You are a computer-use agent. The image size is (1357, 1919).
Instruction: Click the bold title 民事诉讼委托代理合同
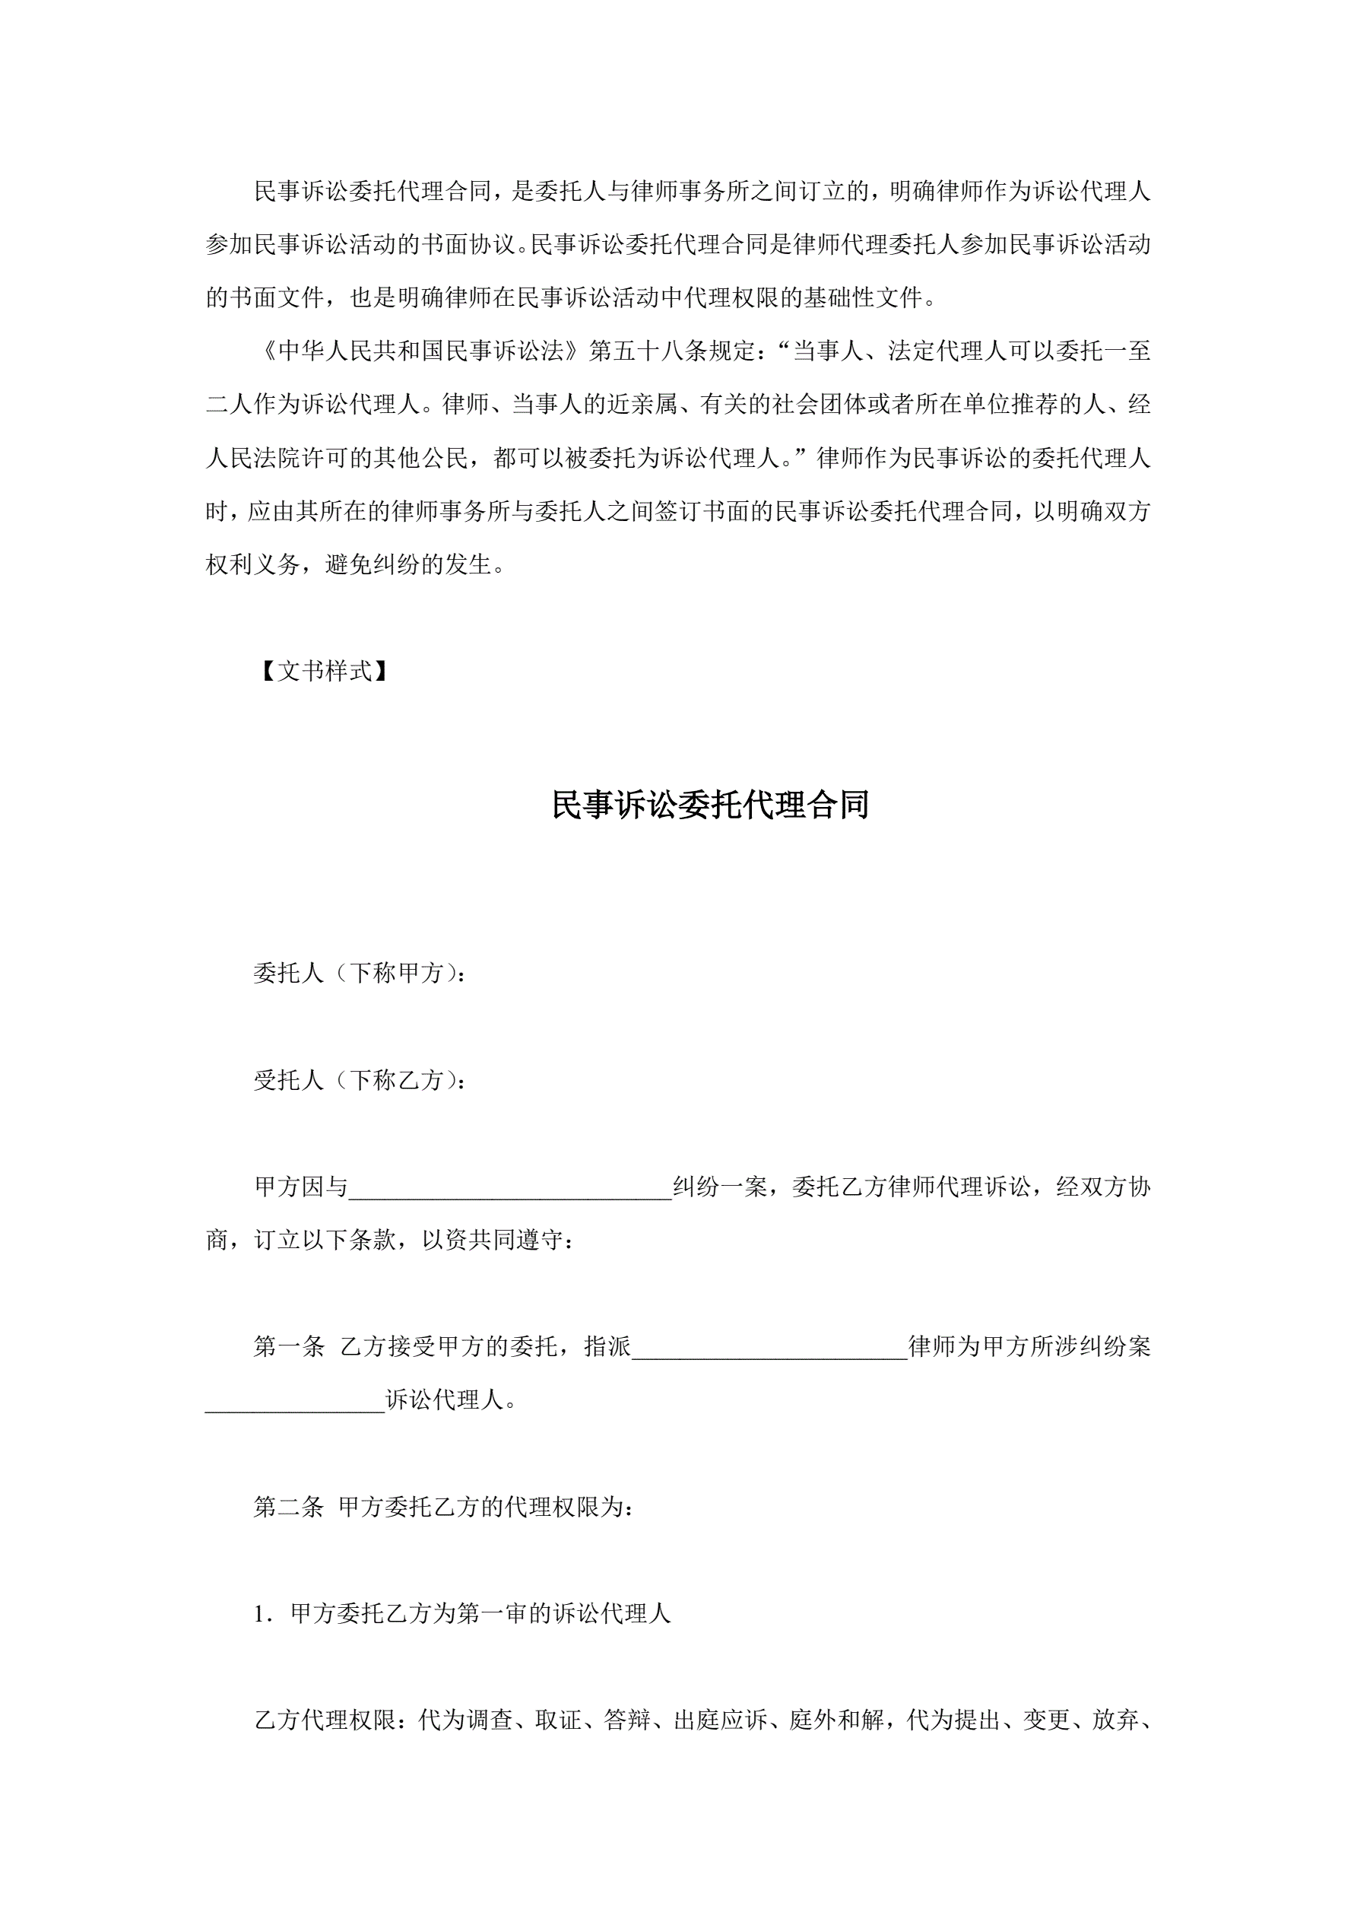tap(710, 805)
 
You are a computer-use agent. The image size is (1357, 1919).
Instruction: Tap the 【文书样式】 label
tap(323, 671)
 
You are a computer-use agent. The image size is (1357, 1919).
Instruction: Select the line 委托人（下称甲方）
tap(360, 973)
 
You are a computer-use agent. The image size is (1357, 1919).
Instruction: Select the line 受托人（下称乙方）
tap(360, 1081)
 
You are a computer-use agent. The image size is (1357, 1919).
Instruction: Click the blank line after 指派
tap(769, 1349)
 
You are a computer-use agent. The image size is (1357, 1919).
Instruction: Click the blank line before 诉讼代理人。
tap(294, 1403)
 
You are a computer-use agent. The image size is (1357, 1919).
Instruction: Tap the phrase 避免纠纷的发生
tap(407, 565)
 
